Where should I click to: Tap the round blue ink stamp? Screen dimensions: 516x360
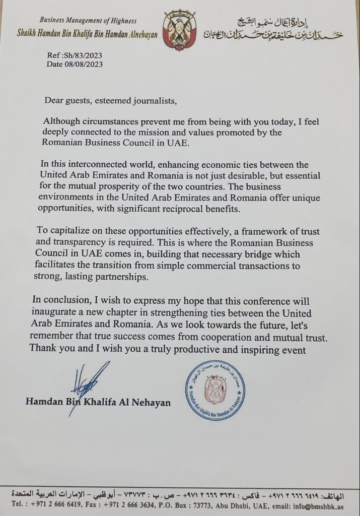215,390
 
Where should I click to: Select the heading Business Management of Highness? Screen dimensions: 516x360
88,21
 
